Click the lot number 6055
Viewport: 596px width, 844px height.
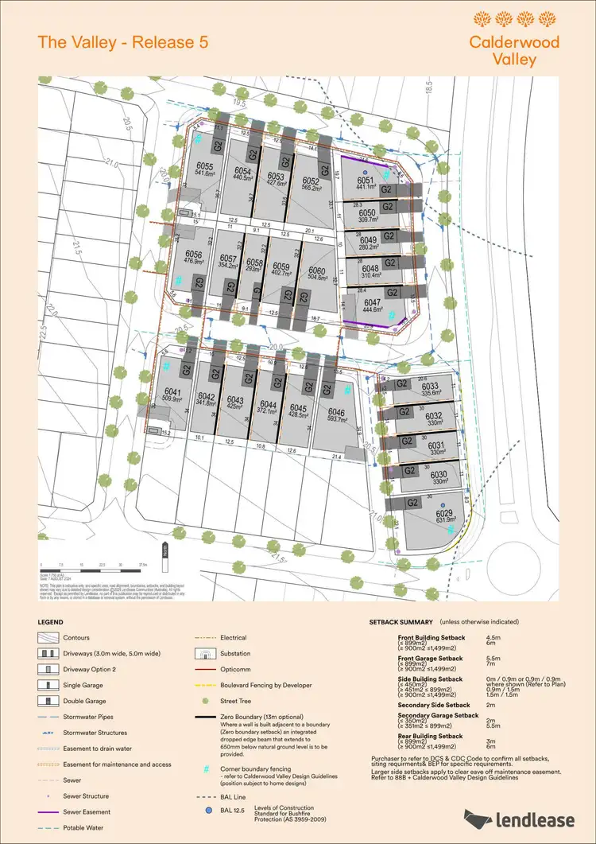205,166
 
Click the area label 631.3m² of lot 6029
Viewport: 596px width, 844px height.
446,522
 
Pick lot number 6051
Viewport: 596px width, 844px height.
366,181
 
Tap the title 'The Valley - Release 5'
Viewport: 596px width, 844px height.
123,42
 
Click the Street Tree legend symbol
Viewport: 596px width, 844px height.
204,701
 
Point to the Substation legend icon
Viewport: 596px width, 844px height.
204,653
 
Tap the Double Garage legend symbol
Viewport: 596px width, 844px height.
48,701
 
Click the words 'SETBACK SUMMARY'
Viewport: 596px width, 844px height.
401,621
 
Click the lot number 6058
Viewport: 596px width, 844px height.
254,262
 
